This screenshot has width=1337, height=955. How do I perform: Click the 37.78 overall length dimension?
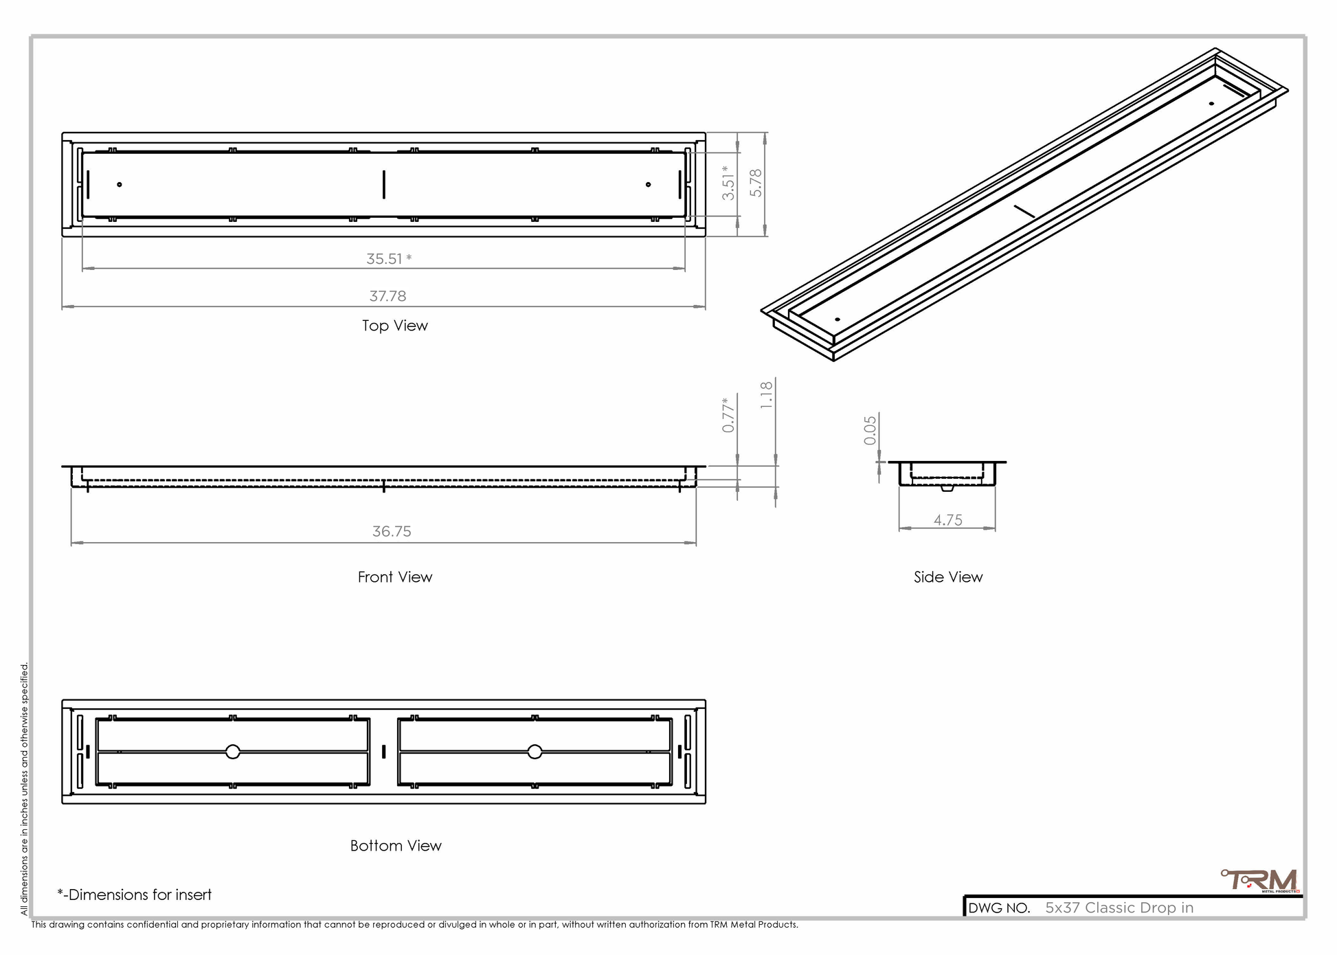387,296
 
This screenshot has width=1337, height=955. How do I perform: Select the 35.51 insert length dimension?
389,259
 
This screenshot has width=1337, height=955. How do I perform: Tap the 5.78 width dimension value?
756,183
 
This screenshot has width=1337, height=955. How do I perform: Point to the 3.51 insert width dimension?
728,183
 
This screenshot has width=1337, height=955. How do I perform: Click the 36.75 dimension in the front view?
392,531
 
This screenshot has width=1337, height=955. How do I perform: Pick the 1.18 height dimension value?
767,396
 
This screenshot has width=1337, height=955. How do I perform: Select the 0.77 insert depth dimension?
728,415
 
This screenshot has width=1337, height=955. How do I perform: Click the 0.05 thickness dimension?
870,430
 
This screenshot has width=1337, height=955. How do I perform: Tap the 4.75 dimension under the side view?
947,520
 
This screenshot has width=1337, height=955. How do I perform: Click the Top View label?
395,326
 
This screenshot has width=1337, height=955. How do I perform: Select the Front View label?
395,577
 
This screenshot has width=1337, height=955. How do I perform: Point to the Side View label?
948,577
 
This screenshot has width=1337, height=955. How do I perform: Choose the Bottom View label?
396,846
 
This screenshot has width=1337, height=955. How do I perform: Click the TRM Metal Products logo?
1260,881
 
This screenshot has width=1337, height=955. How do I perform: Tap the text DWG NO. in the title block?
999,908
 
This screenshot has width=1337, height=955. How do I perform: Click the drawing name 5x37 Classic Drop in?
1119,908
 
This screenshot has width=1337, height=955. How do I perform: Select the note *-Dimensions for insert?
135,895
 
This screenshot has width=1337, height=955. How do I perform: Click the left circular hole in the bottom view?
233,752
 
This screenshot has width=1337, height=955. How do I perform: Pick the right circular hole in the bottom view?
535,752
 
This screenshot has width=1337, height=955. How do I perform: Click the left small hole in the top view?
120,184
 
